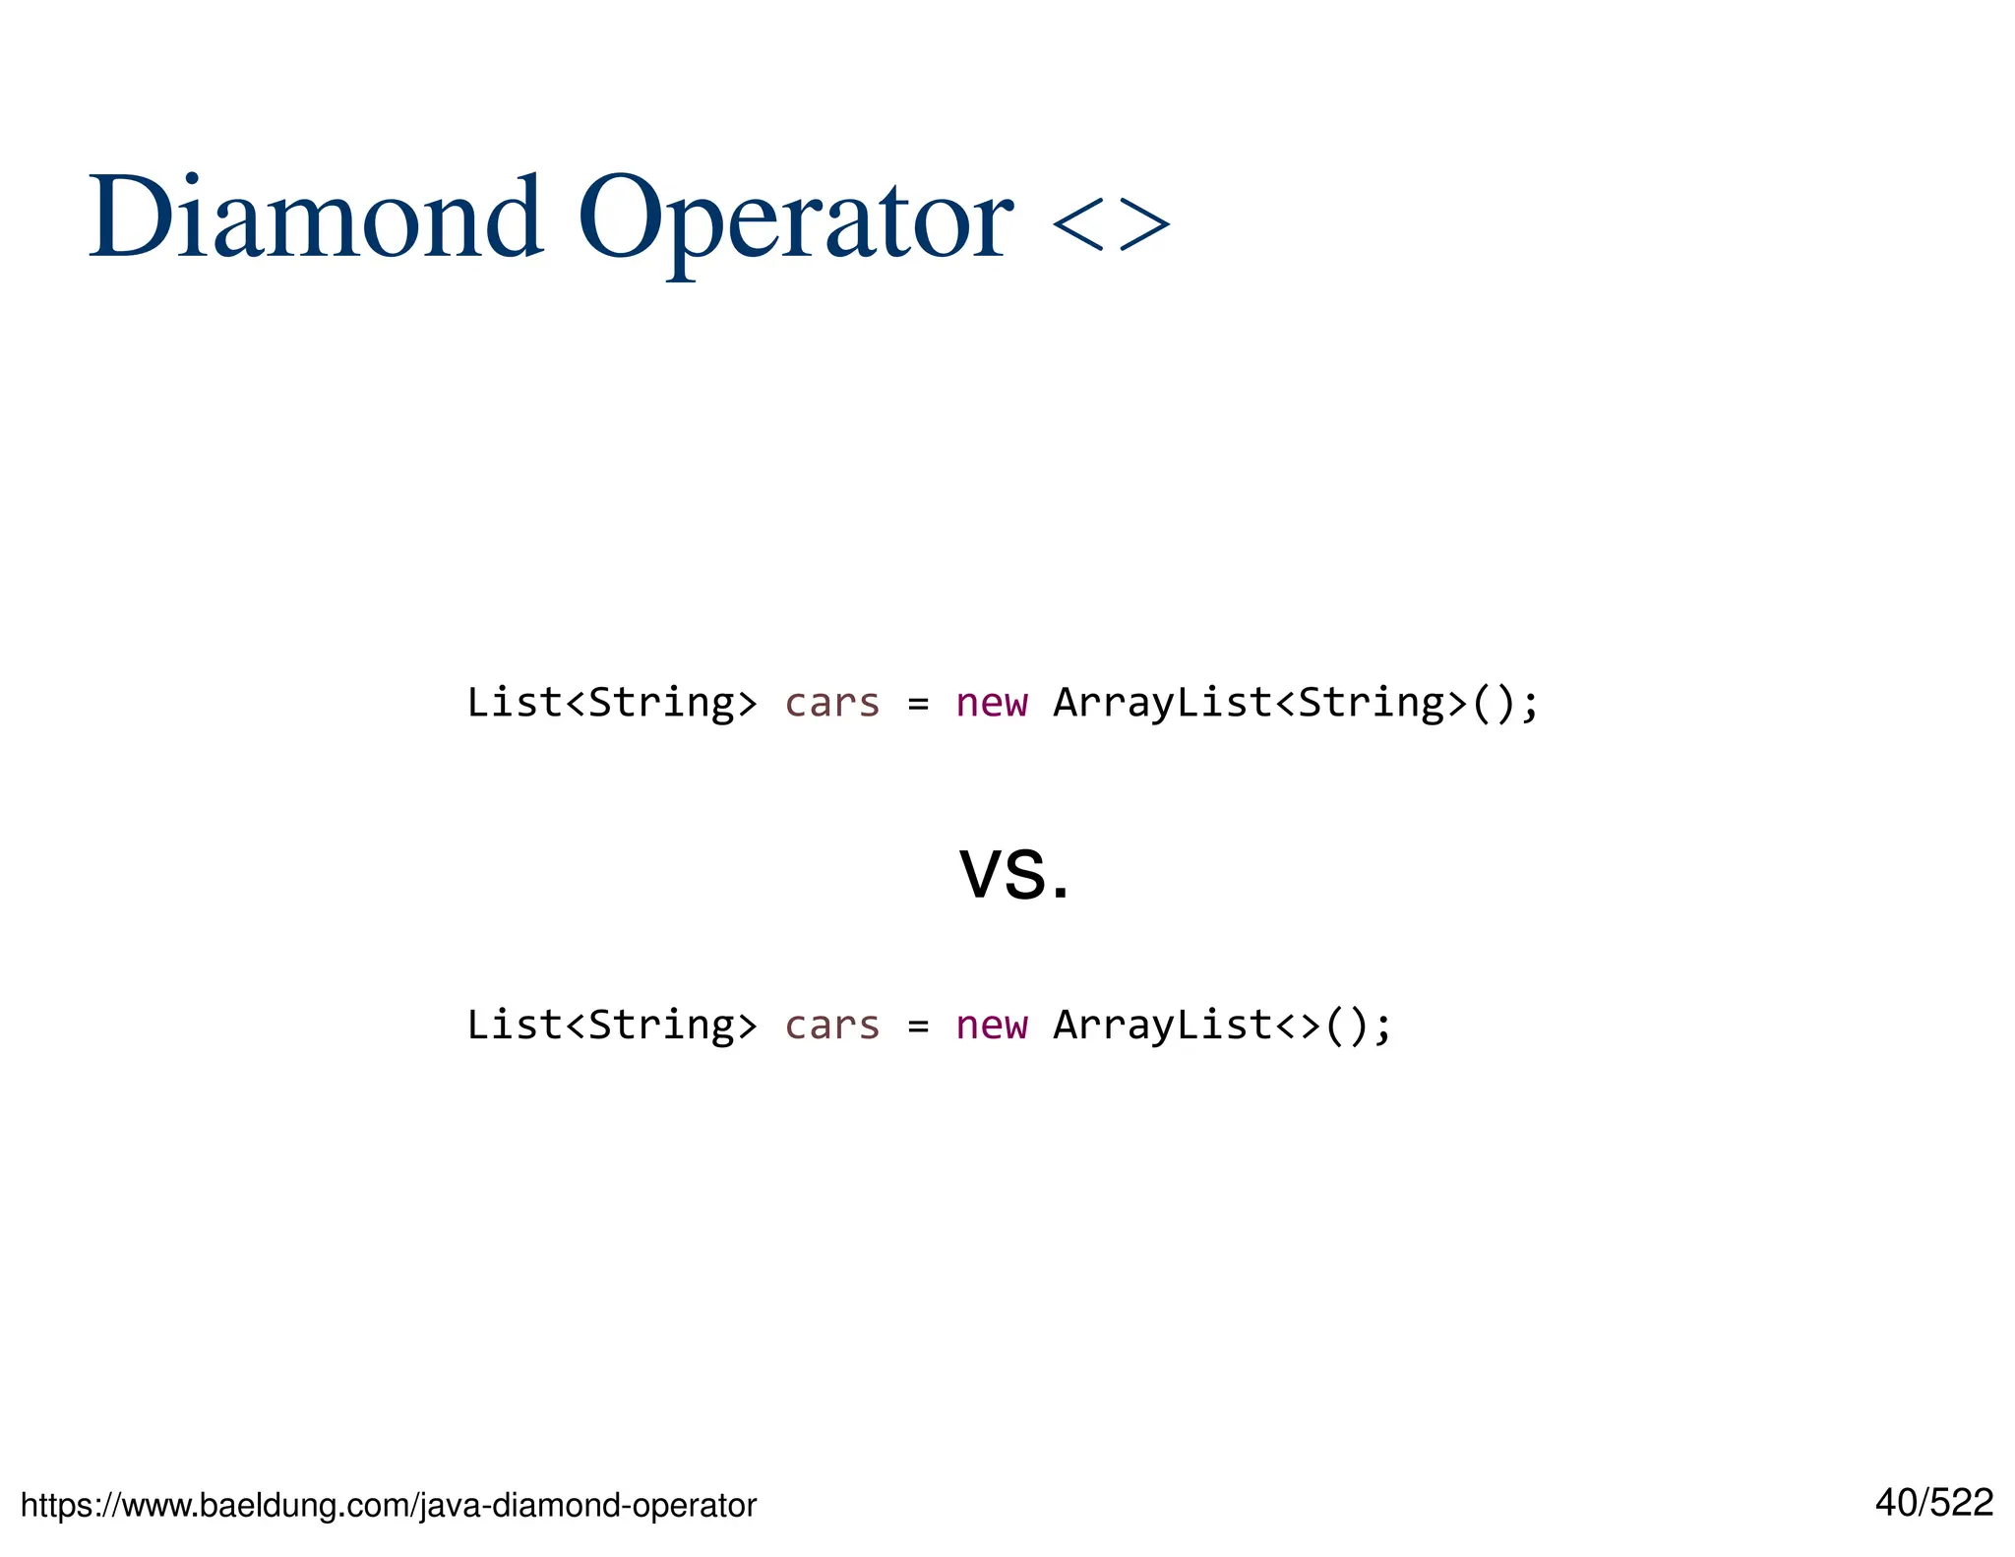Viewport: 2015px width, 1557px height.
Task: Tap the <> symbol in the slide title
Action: [x=1111, y=223]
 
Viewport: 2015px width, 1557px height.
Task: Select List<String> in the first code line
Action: [x=611, y=703]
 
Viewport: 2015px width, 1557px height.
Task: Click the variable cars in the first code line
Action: [x=831, y=703]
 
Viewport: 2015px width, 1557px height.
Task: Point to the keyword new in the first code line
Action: [x=991, y=703]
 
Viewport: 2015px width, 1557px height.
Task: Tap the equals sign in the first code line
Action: [x=918, y=705]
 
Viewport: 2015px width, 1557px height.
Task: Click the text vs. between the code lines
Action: [x=1013, y=873]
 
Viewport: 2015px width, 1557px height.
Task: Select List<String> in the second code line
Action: [x=611, y=1026]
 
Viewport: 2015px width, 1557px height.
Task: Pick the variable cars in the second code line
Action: [x=831, y=1026]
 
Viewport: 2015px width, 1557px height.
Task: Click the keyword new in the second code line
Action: [x=991, y=1026]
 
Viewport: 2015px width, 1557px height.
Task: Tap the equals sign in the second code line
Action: [x=918, y=1028]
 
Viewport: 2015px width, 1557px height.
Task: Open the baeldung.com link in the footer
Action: [x=389, y=1505]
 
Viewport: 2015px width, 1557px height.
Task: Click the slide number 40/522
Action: [x=1933, y=1503]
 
